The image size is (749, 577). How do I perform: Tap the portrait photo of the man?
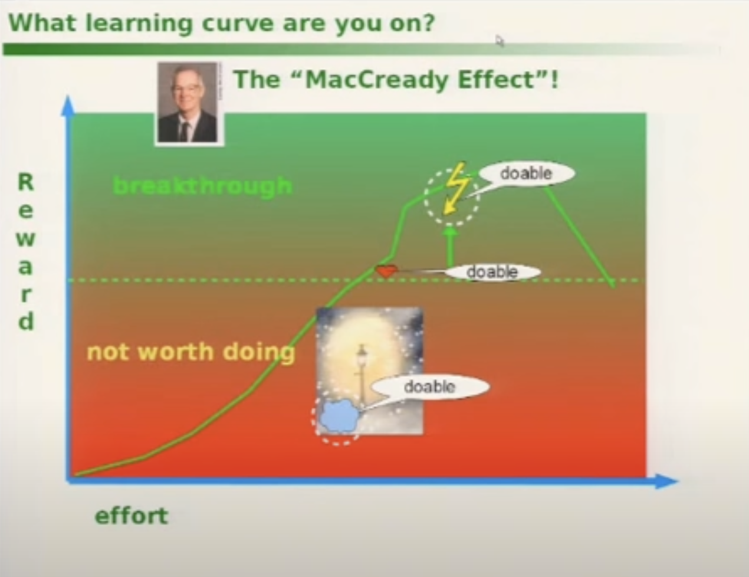point(188,103)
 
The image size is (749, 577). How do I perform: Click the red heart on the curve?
point(387,271)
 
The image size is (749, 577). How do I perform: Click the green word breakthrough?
point(203,186)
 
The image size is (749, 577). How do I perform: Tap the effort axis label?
point(132,516)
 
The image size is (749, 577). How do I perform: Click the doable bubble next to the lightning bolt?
point(526,173)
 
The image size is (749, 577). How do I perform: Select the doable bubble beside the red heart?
point(492,273)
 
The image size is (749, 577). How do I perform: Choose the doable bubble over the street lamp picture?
point(430,387)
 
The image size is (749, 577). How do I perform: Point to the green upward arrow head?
point(450,230)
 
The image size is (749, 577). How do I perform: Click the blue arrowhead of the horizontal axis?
point(666,481)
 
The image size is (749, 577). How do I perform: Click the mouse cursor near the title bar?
point(500,41)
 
